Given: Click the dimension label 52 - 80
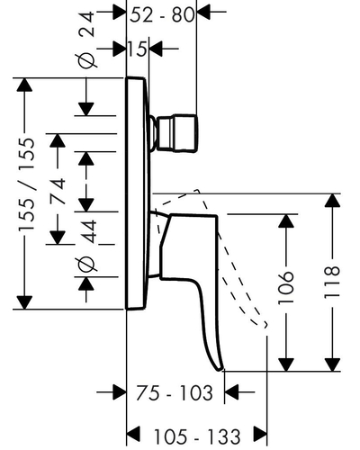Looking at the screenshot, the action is coord(162,15).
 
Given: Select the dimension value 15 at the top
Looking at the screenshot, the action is coord(138,49).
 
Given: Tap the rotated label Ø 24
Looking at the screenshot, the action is coord(87,39).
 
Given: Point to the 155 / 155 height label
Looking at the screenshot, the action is coord(27,184).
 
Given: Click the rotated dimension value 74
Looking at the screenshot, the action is coord(58,192).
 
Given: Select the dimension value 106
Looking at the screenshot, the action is coord(285,288).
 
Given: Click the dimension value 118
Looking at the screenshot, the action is coord(332,283).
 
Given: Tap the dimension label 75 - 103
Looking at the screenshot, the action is coord(175,392).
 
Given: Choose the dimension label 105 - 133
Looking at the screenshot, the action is coord(197,436).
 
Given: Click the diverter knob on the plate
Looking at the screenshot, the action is coord(176,133).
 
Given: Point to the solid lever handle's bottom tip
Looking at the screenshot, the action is coord(221,369).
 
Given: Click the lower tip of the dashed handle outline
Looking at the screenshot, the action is coord(265,326).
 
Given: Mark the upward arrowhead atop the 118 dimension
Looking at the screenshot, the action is coord(332,200).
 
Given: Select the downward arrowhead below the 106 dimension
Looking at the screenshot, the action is coord(286,364).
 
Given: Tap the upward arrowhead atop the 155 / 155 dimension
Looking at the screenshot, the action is coord(24,85).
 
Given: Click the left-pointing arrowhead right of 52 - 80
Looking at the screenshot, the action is coord(202,12).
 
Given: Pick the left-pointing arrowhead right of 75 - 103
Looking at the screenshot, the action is coord(231,391).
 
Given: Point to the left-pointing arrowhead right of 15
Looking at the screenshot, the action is coord(156,48).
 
